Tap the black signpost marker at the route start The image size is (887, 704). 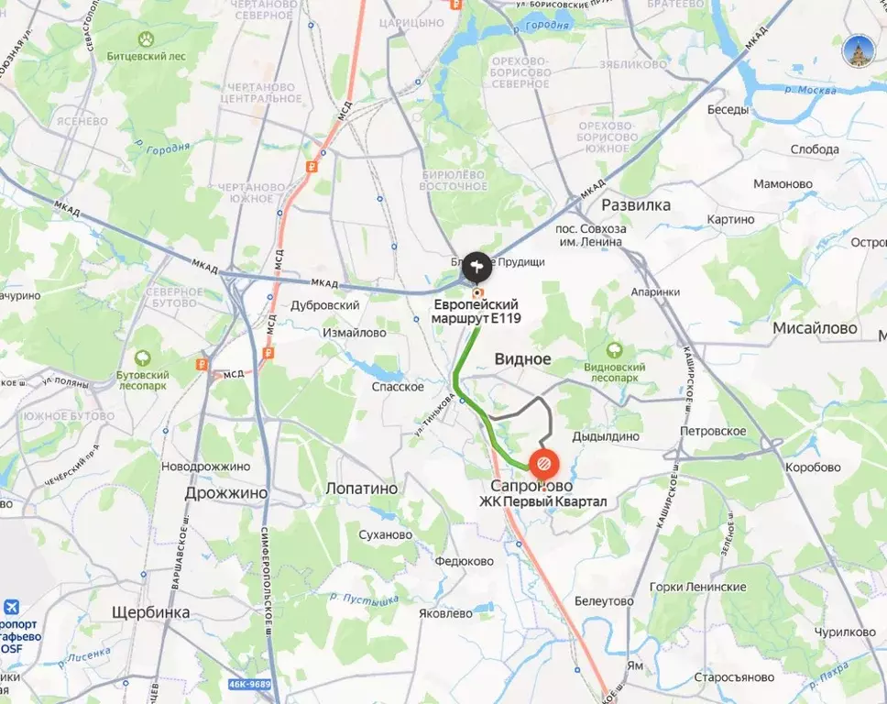(x=476, y=267)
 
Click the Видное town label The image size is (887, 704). (x=523, y=359)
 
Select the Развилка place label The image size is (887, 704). (x=636, y=204)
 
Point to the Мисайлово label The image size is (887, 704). (x=815, y=328)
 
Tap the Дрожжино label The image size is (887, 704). (x=225, y=492)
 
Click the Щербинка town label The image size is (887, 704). (x=150, y=611)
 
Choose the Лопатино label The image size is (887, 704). (x=362, y=489)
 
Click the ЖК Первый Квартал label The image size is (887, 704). (x=543, y=501)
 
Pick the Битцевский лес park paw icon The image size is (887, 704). (x=146, y=38)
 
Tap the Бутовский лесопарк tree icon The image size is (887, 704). (x=142, y=358)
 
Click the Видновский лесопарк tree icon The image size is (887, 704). (x=614, y=349)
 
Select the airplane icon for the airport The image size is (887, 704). (x=12, y=607)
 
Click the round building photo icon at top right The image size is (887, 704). (x=859, y=50)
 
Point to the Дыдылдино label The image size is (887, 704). (x=606, y=436)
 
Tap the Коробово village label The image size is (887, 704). (x=812, y=467)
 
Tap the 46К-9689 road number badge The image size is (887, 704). (x=249, y=685)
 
